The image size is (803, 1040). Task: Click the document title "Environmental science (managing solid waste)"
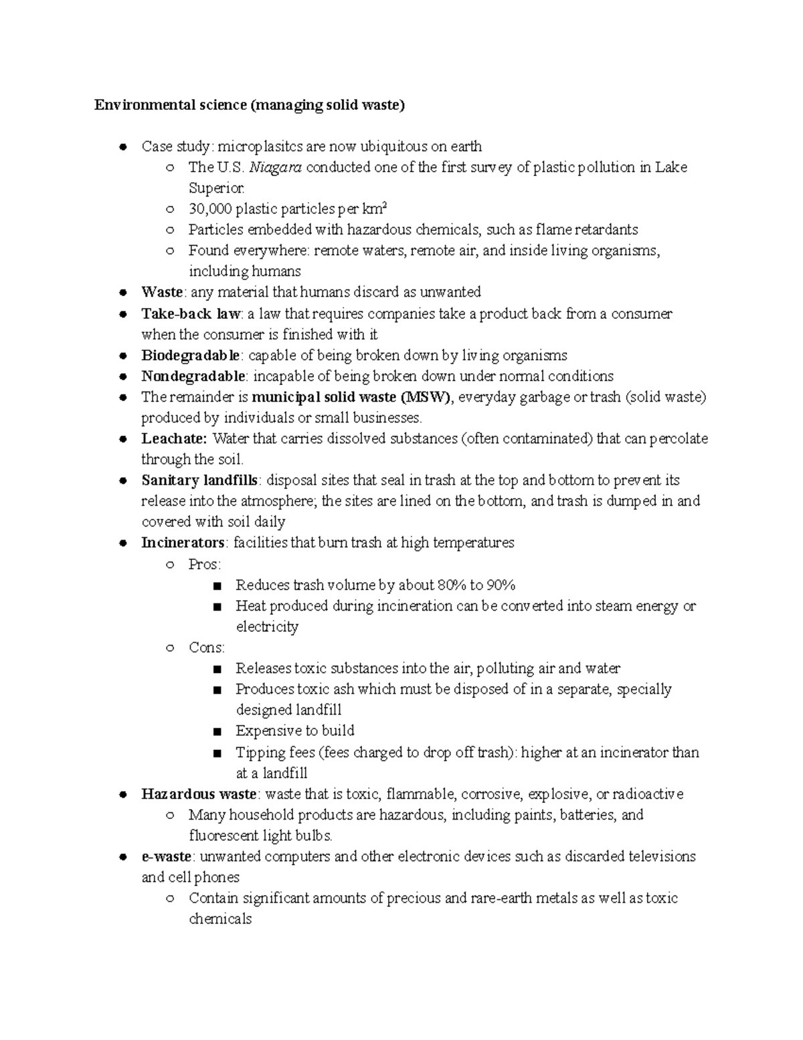pyautogui.click(x=249, y=105)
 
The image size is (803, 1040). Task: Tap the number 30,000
pyautogui.click(x=210, y=209)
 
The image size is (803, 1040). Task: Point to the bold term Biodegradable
pyautogui.click(x=190, y=355)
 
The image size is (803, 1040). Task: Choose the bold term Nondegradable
pyautogui.click(x=193, y=376)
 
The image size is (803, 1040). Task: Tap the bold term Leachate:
pyautogui.click(x=175, y=439)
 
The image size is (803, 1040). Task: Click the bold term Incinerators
pyautogui.click(x=183, y=542)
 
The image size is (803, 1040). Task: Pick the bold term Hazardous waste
pyautogui.click(x=199, y=794)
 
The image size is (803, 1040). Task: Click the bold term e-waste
pyautogui.click(x=166, y=857)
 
